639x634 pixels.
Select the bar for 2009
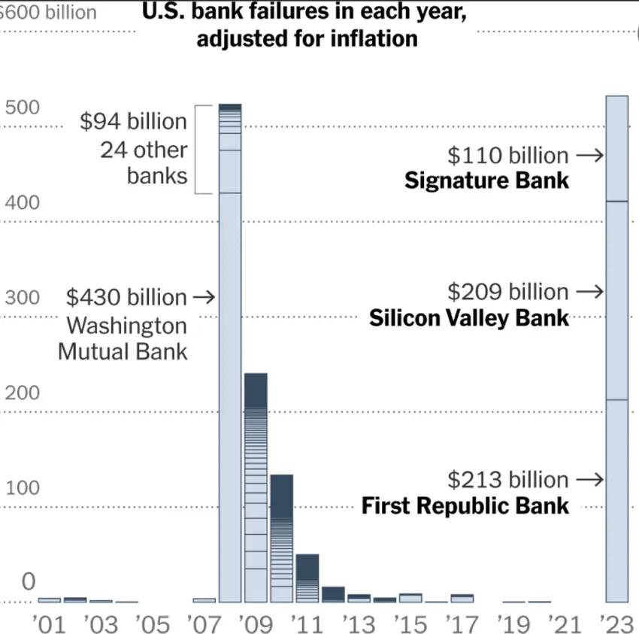(x=256, y=489)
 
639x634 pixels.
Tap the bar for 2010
(x=281, y=538)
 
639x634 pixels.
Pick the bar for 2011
(x=307, y=578)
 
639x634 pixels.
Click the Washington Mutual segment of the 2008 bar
(x=230, y=399)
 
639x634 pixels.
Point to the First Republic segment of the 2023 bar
(x=616, y=500)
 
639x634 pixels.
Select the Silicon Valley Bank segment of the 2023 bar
(x=616, y=301)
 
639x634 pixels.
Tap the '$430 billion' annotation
(x=126, y=298)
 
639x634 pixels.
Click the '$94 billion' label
(x=133, y=122)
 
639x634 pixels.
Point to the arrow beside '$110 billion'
(x=590, y=156)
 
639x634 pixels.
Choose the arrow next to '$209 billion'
(x=590, y=292)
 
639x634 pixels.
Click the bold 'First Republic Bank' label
(x=465, y=505)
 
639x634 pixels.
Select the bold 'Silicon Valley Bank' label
(x=469, y=318)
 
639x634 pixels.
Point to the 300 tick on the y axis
(x=22, y=298)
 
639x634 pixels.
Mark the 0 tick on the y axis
(x=29, y=581)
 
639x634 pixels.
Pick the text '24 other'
(x=144, y=150)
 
